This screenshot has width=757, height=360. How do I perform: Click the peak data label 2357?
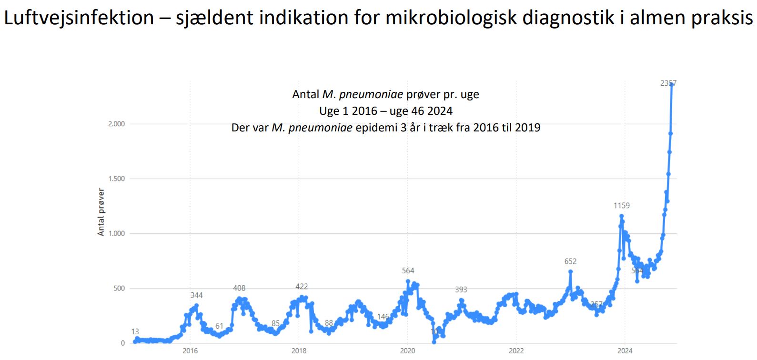pyautogui.click(x=668, y=83)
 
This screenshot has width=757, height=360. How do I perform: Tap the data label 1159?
pyautogui.click(x=621, y=206)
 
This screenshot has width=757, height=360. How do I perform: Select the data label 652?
pyautogui.click(x=570, y=261)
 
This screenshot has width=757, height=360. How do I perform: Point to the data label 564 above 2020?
pyautogui.click(x=408, y=270)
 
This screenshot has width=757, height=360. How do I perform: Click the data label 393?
pyautogui.click(x=461, y=290)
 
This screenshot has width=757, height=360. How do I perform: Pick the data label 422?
pyautogui.click(x=302, y=287)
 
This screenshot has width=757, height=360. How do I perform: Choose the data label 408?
pyautogui.click(x=239, y=288)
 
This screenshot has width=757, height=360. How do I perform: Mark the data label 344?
pyautogui.click(x=196, y=295)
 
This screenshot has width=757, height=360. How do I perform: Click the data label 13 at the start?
pyautogui.click(x=135, y=331)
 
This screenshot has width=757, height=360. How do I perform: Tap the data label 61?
pyautogui.click(x=219, y=326)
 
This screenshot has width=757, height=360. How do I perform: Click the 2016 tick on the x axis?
pyautogui.click(x=190, y=351)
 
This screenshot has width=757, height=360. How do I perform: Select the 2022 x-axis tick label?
pyautogui.click(x=516, y=351)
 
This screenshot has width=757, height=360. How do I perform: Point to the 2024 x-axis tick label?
pyautogui.click(x=625, y=351)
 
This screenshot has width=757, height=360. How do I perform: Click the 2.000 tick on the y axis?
pyautogui.click(x=116, y=124)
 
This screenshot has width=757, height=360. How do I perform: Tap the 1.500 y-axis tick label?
pyautogui.click(x=116, y=179)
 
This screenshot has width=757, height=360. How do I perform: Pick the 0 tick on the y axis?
pyautogui.click(x=123, y=343)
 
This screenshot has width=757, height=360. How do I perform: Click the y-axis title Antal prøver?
pyautogui.click(x=101, y=212)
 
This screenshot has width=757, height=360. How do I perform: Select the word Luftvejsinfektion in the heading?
pyautogui.click(x=79, y=18)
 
